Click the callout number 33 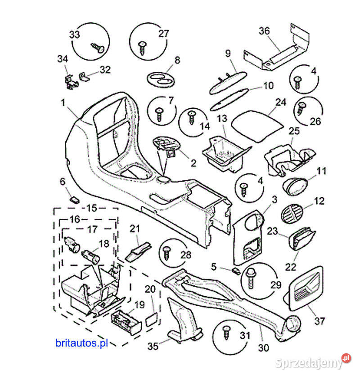[x=74, y=35]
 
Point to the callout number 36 [x=264, y=31]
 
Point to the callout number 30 [x=263, y=347]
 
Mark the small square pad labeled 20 [x=152, y=320]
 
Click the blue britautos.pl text [x=82, y=343]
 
